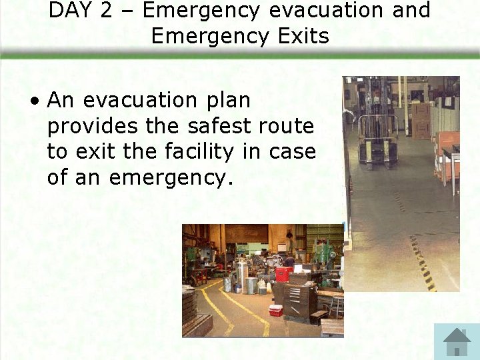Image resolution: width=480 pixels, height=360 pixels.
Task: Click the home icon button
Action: pyautogui.click(x=457, y=341)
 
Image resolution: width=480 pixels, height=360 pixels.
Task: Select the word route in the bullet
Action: pyautogui.click(x=285, y=126)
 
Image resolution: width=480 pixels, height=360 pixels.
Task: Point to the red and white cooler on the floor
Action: pyautogui.click(x=275, y=310)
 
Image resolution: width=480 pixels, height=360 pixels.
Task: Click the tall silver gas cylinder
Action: pyautogui.click(x=243, y=277)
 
